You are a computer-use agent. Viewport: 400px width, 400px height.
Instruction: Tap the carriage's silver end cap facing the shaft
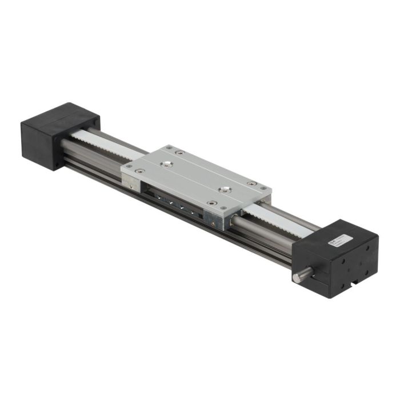(x=218, y=218)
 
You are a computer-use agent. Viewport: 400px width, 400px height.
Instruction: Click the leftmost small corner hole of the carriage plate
(x=127, y=166)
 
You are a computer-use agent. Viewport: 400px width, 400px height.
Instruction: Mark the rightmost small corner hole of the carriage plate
(x=263, y=187)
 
